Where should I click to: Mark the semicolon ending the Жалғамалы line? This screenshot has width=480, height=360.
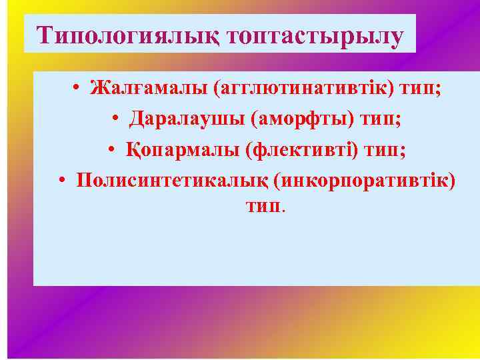pyautogui.click(x=438, y=90)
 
